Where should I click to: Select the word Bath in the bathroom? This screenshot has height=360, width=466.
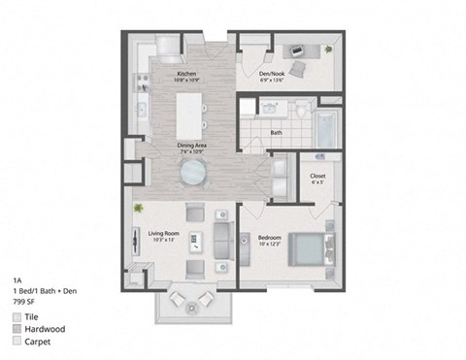[276, 133]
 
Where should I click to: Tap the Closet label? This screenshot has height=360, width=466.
[317, 175]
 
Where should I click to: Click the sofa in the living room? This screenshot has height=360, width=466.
[222, 239]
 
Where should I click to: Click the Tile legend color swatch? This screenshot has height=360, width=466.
[18, 316]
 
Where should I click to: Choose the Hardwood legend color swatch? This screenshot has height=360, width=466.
[18, 329]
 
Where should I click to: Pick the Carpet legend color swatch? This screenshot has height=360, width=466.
[18, 342]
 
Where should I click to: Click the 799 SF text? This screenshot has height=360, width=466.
[25, 302]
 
